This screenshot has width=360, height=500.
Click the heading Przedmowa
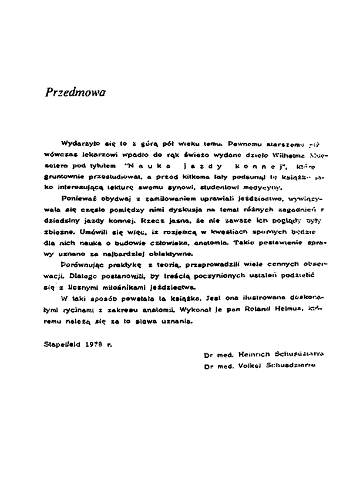pos(75,93)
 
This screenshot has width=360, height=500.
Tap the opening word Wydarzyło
pos(79,143)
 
